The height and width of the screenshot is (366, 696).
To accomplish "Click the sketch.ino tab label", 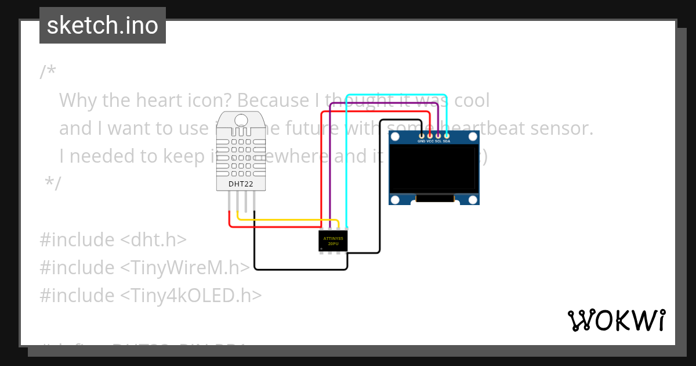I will pyautogui.click(x=102, y=26).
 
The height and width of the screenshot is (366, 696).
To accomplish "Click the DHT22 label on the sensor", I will pyautogui.click(x=240, y=184).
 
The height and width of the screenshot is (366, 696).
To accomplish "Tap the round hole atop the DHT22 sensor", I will pyautogui.click(x=240, y=121).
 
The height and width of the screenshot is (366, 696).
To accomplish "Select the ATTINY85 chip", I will pyautogui.click(x=333, y=241).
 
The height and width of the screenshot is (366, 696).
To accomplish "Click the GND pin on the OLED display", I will pyautogui.click(x=422, y=136).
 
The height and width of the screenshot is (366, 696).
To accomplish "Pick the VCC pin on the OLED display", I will pyautogui.click(x=430, y=136).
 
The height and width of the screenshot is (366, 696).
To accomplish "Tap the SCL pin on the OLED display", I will pyautogui.click(x=438, y=136).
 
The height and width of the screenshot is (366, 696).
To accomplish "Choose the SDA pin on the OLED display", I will pyautogui.click(x=446, y=136).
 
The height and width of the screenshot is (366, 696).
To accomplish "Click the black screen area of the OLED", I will pyautogui.click(x=434, y=169).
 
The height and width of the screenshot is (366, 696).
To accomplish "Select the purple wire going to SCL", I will pyautogui.click(x=330, y=163).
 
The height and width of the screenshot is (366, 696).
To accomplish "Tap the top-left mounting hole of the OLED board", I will pyautogui.click(x=396, y=138).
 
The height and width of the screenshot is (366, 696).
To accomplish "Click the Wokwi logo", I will pyautogui.click(x=617, y=320).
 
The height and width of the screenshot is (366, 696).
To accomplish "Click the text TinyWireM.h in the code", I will pyautogui.click(x=186, y=268).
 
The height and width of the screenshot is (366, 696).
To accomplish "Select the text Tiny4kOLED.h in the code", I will pyautogui.click(x=191, y=296).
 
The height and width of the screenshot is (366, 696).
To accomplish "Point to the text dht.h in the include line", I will pyautogui.click(x=154, y=240).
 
